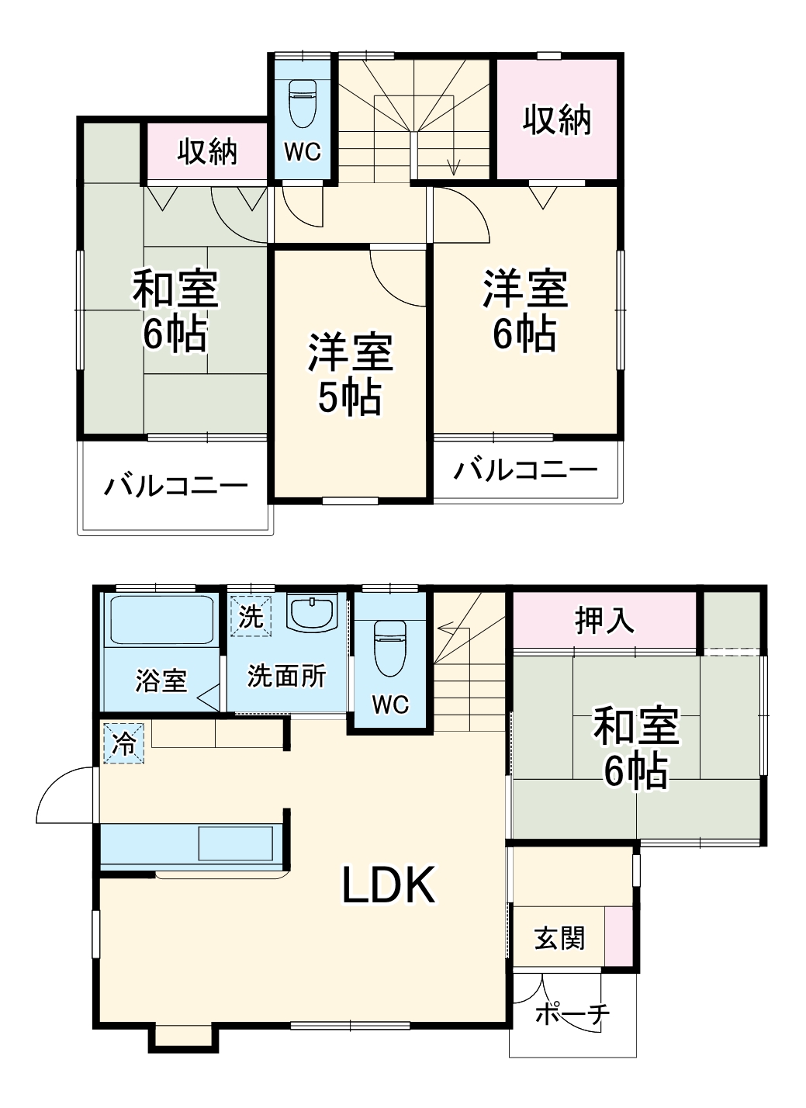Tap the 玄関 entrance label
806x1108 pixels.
[559, 939]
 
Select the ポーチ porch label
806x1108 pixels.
[573, 1013]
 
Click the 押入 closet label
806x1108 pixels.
[604, 620]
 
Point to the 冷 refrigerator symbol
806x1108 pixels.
[124, 743]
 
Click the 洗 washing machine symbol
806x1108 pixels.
[251, 616]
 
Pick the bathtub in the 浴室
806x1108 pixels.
[162, 619]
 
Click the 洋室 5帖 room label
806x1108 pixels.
[351, 374]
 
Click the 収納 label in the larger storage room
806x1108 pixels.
[557, 120]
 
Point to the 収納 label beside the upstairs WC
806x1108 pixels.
[207, 151]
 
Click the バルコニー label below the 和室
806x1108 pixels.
[176, 487]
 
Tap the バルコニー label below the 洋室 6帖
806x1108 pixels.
[525, 469]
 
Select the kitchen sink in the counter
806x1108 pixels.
[236, 843]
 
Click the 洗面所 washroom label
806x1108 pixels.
[286, 677]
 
